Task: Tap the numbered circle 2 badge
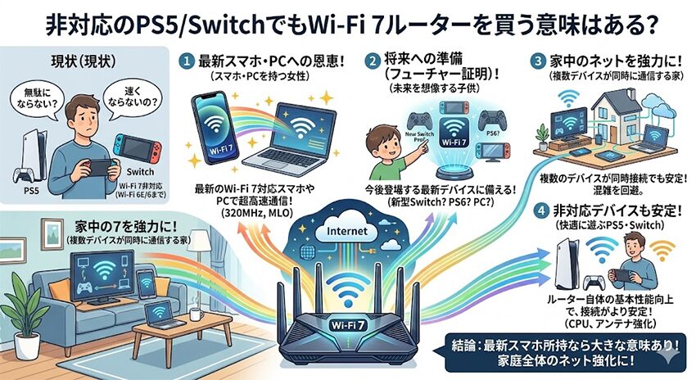pyautogui.click(x=373, y=61)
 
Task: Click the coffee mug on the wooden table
pyautogui.click(x=197, y=314)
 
